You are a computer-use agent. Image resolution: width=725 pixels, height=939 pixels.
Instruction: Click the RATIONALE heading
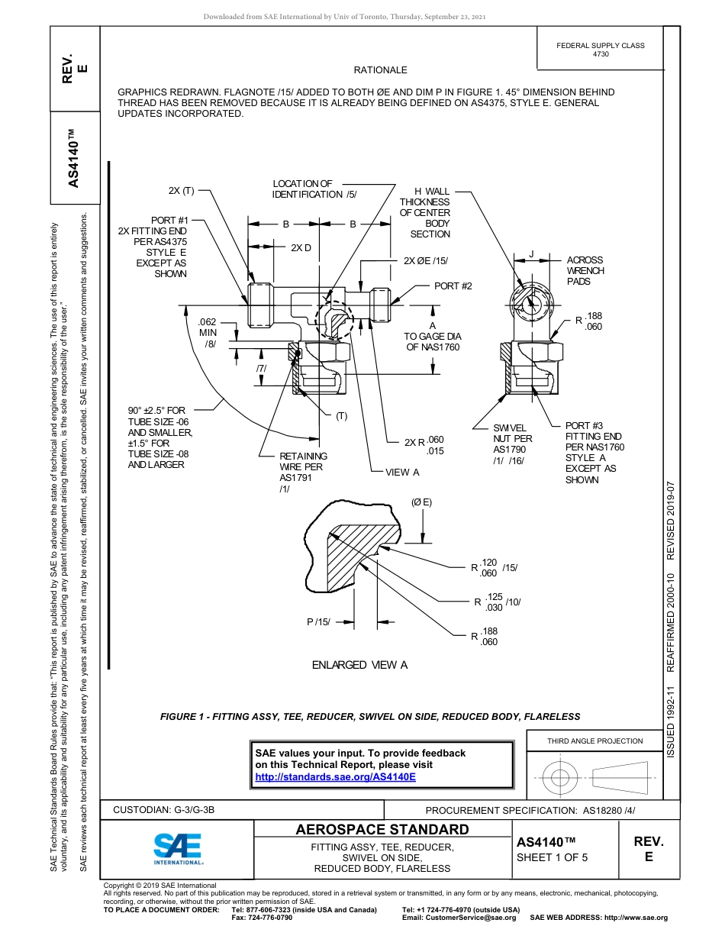click(x=380, y=70)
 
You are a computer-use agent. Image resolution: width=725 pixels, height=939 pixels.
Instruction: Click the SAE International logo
click(x=178, y=848)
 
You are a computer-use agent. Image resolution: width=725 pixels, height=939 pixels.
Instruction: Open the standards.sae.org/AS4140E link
click(x=335, y=776)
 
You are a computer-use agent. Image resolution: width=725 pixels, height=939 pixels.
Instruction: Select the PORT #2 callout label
click(x=453, y=286)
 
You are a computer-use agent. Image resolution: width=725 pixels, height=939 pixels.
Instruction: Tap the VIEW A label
click(x=402, y=473)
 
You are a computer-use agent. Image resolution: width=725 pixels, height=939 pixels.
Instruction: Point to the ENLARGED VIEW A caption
click(x=359, y=665)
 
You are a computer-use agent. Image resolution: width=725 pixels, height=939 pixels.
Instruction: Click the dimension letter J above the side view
click(x=531, y=253)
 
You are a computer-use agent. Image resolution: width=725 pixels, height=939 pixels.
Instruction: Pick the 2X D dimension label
click(x=301, y=248)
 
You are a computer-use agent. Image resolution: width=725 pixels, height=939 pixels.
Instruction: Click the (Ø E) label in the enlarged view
click(x=421, y=502)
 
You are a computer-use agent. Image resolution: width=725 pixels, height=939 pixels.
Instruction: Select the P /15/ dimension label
click(x=318, y=622)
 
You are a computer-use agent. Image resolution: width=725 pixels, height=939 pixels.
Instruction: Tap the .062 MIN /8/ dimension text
click(x=208, y=333)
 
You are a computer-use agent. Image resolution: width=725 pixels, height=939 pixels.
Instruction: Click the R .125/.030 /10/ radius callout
click(x=497, y=602)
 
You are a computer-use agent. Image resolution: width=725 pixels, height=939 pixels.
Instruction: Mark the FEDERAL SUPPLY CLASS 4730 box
click(x=600, y=50)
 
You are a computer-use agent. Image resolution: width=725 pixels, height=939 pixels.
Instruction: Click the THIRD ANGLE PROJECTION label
click(x=594, y=741)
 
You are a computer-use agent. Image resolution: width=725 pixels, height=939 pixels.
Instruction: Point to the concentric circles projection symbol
click(x=561, y=778)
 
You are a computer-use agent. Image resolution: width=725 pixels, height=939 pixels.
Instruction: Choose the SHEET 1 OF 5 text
click(x=552, y=857)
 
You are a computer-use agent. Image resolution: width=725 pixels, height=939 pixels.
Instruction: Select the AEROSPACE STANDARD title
click(x=382, y=830)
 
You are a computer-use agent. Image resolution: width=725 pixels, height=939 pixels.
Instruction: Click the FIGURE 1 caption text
click(x=370, y=717)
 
